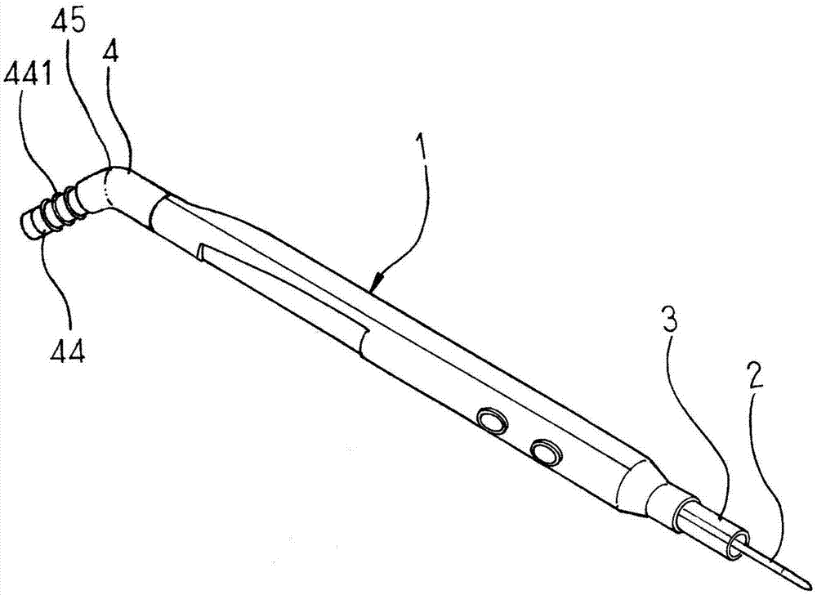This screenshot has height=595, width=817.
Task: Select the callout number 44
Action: coord(67,352)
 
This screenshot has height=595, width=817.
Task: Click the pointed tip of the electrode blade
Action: coord(812,583)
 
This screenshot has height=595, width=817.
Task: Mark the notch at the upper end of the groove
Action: coord(200,252)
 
